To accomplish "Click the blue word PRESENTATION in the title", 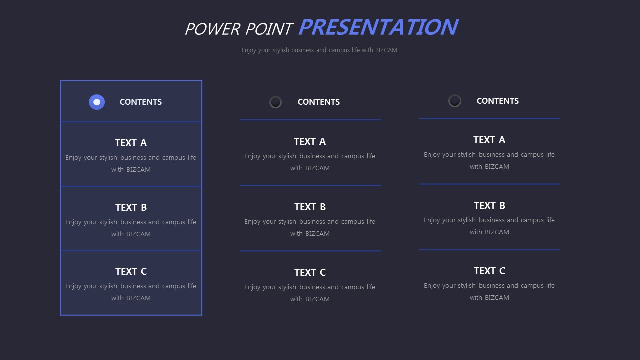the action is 378,27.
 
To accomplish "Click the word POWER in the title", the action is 213,29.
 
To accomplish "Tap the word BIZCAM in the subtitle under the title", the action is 386,50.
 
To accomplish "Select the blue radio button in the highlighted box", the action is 97,102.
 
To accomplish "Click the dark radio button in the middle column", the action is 275,102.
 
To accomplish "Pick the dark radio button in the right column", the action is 455,101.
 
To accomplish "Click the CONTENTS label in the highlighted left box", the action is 141,102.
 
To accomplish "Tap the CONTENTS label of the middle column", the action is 319,102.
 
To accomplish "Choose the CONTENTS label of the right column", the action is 498,101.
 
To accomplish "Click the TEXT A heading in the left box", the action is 131,143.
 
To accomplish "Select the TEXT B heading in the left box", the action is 131,207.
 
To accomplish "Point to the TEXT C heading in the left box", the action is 131,271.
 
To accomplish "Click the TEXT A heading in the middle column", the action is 310,141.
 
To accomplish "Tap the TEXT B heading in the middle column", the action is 310,207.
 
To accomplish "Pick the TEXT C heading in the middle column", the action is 310,272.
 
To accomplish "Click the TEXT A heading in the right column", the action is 489,140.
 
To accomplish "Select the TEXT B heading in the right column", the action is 489,205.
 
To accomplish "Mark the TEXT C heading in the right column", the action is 489,271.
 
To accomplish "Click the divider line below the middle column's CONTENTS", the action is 310,120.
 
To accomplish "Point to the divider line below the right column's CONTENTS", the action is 489,118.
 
